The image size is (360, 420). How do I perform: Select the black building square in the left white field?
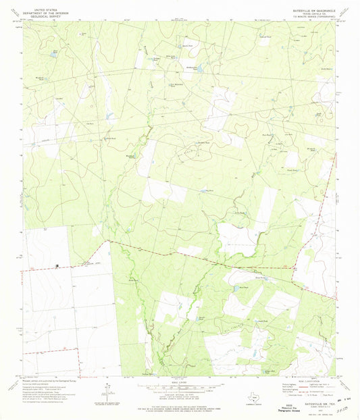click(x=57, y=265)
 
